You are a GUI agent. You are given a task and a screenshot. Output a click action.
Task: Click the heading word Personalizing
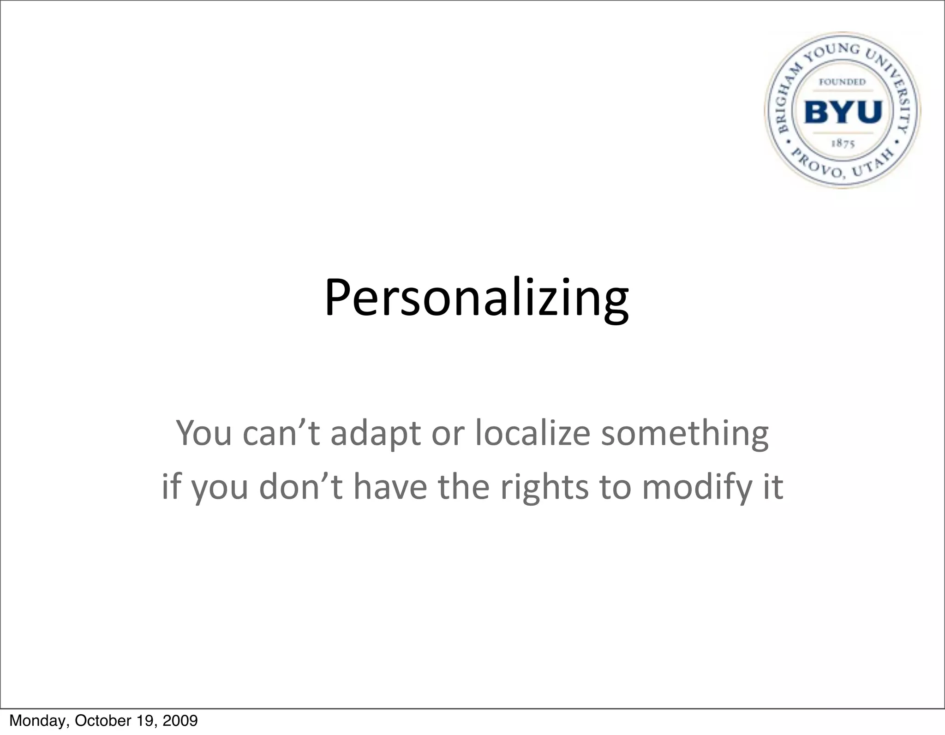point(476,298)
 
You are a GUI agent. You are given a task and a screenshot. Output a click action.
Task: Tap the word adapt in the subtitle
point(375,434)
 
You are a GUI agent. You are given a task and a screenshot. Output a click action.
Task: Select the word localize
point(532,434)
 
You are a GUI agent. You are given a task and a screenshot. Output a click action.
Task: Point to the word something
point(685,434)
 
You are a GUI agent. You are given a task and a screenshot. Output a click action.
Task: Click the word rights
point(544,488)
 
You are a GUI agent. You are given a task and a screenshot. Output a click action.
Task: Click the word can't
point(281,434)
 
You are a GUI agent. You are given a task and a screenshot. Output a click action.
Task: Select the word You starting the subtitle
point(204,434)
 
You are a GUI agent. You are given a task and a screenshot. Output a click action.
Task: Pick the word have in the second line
point(390,488)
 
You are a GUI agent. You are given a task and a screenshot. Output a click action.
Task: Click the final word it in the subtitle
point(773,488)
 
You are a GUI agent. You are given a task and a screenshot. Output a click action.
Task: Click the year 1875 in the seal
point(843,143)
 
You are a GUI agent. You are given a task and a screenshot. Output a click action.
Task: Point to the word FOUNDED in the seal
point(842,82)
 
